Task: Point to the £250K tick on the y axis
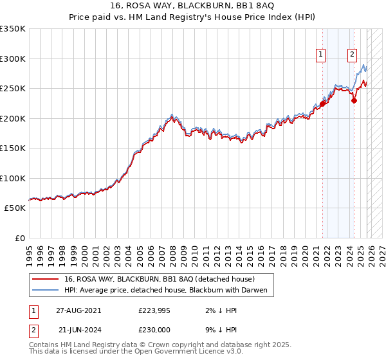point(13,89)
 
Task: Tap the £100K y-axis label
point(13,178)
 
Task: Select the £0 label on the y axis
point(19,239)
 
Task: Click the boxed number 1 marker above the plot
point(320,55)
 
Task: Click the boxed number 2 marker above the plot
point(353,55)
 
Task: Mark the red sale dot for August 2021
point(322,104)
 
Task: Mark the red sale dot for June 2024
point(354,100)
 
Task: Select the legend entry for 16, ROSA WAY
point(160,279)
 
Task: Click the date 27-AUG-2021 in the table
point(78,310)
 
